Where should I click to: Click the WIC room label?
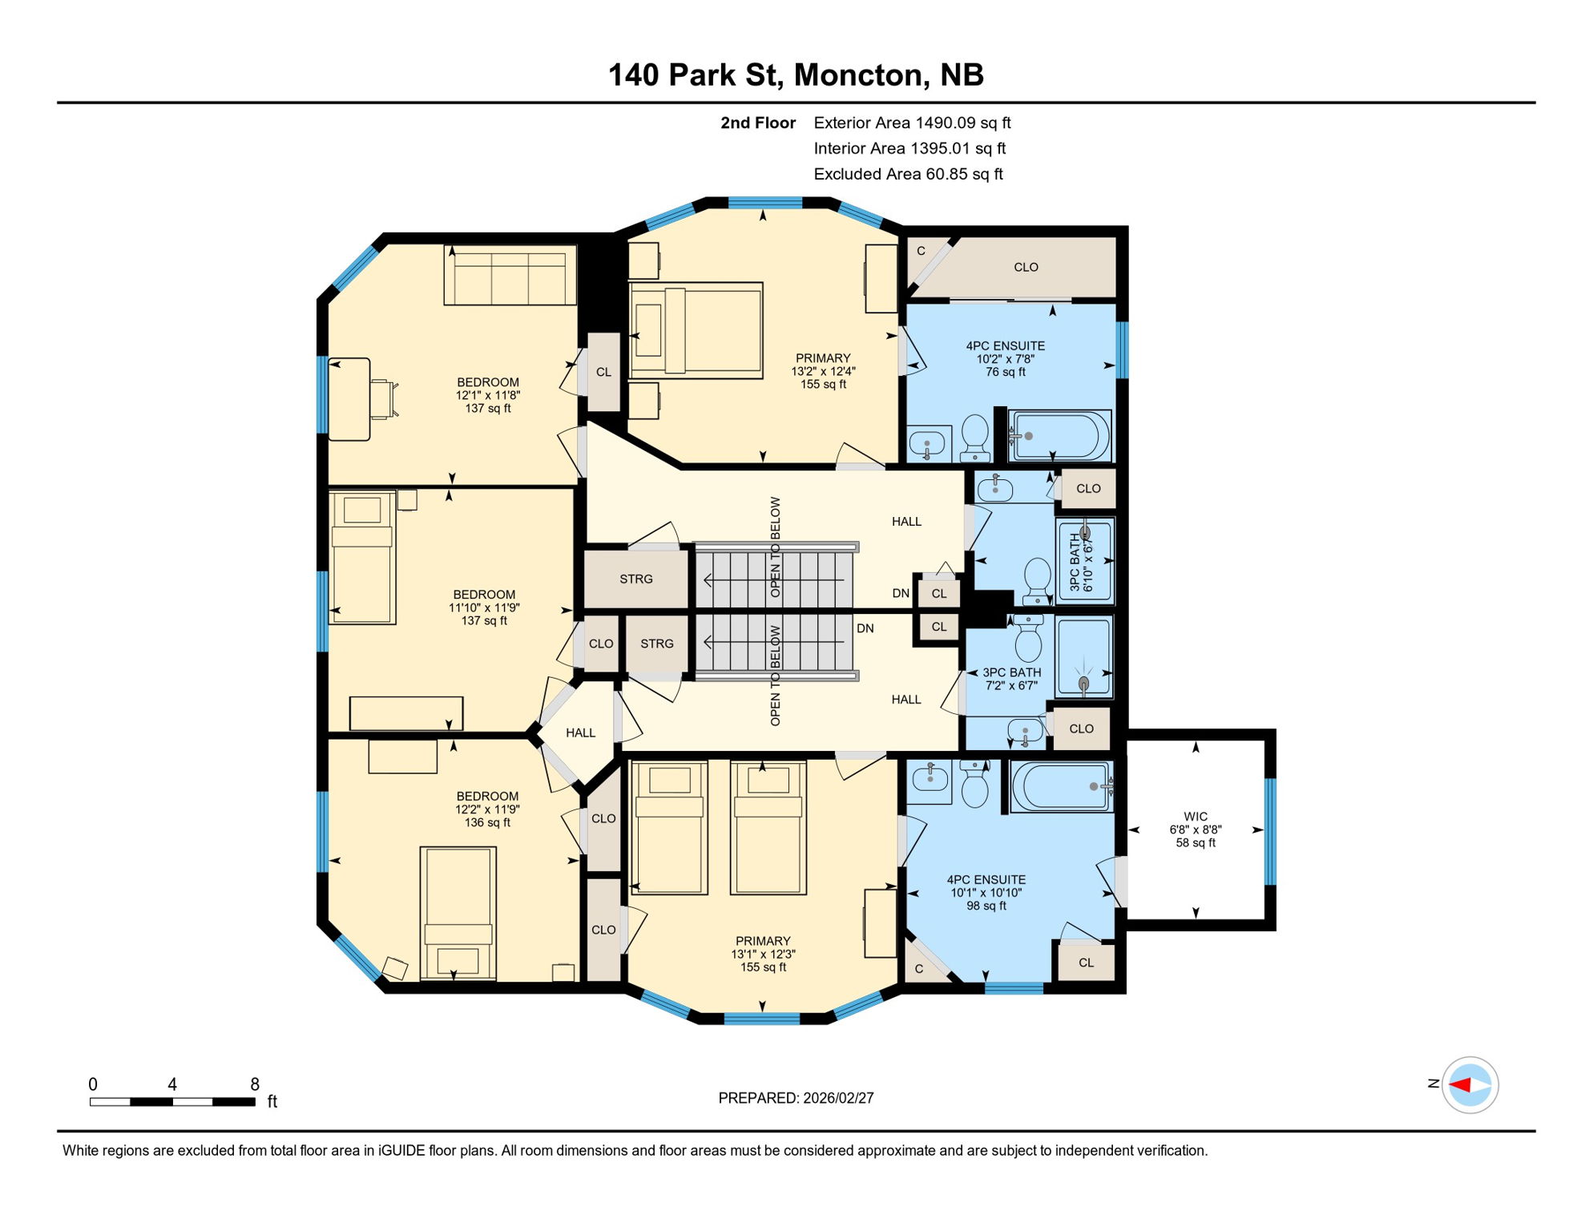tap(1195, 817)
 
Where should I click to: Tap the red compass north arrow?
tap(1459, 1085)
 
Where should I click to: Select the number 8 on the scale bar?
tap(255, 1084)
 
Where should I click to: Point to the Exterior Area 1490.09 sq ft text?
tap(912, 123)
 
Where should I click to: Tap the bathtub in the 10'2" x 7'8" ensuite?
tap(1059, 436)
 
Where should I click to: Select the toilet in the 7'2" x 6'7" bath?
tap(1028, 639)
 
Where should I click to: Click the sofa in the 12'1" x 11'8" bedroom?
tap(510, 275)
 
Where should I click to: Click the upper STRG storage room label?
tap(635, 579)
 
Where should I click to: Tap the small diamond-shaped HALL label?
tap(580, 733)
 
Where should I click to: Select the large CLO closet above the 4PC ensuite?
tap(1026, 267)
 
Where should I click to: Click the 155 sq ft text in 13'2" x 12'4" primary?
tap(823, 385)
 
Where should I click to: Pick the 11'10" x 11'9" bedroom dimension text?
tap(484, 607)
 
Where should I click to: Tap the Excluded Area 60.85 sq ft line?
tap(908, 174)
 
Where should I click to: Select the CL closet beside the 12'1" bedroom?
tap(603, 372)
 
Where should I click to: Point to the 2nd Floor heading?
tap(757, 123)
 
